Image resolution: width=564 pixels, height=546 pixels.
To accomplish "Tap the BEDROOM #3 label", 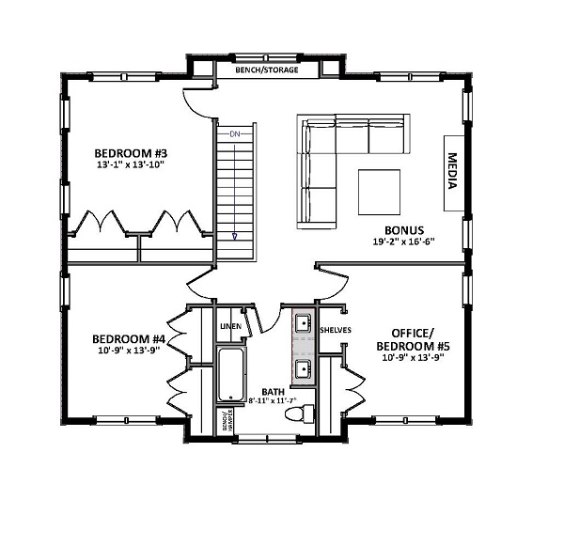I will pyautogui.click(x=131, y=152).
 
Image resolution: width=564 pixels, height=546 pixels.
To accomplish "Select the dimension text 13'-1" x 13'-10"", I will pyautogui.click(x=131, y=165).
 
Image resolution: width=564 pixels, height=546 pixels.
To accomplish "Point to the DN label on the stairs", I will pyautogui.click(x=235, y=135).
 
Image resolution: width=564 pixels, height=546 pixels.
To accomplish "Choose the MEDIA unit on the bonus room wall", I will pyautogui.click(x=452, y=171).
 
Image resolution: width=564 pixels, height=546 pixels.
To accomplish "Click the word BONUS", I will pyautogui.click(x=404, y=230).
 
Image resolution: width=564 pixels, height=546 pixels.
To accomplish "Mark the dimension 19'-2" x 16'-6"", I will pyautogui.click(x=404, y=242).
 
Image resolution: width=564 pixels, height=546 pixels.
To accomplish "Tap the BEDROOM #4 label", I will pyautogui.click(x=128, y=339).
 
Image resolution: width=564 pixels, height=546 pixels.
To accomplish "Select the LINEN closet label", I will pyautogui.click(x=231, y=326).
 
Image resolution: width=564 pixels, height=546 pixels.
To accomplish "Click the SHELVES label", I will pyautogui.click(x=336, y=330).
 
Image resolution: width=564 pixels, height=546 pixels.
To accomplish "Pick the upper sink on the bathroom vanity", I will pyautogui.click(x=304, y=324).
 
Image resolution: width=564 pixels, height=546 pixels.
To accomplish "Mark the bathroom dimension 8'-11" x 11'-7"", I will pyautogui.click(x=272, y=400).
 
